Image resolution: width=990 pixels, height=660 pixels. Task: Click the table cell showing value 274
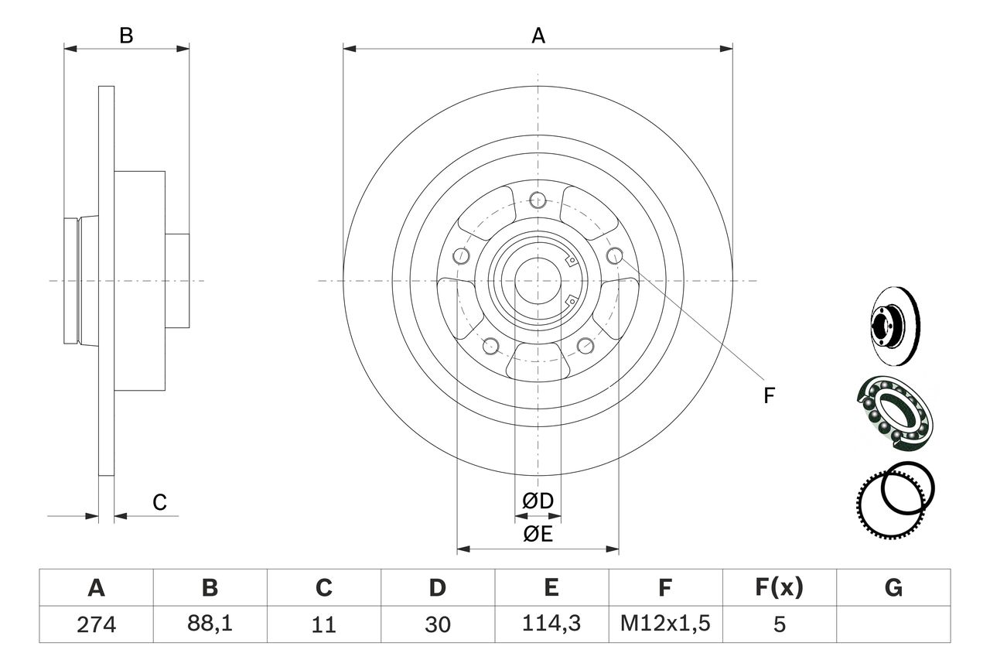pos(96,624)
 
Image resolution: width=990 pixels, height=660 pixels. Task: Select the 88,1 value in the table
pos(210,624)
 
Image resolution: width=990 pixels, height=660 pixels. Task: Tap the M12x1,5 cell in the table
pos(664,624)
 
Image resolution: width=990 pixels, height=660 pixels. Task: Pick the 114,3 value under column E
pos(551,624)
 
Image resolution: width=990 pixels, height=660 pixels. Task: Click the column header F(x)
pos(779,588)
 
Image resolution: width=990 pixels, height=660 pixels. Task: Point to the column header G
pos(893,588)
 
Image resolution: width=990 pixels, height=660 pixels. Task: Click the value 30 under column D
pos(437,624)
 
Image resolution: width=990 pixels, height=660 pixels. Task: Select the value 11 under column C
pos(323,624)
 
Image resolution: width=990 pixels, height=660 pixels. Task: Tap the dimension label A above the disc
pos(538,35)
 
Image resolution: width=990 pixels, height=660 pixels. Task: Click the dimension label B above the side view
pos(126,35)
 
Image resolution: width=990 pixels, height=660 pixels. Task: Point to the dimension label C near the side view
pos(159,502)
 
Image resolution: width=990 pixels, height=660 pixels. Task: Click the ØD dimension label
pos(538,501)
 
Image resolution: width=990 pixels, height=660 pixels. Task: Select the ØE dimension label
pos(538,534)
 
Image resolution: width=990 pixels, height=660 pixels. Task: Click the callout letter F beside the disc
pos(768,395)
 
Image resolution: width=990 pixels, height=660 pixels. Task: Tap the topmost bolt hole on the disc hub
pos(538,201)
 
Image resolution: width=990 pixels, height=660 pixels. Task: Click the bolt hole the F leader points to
pos(615,256)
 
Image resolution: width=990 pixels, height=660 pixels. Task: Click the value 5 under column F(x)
pos(779,624)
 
